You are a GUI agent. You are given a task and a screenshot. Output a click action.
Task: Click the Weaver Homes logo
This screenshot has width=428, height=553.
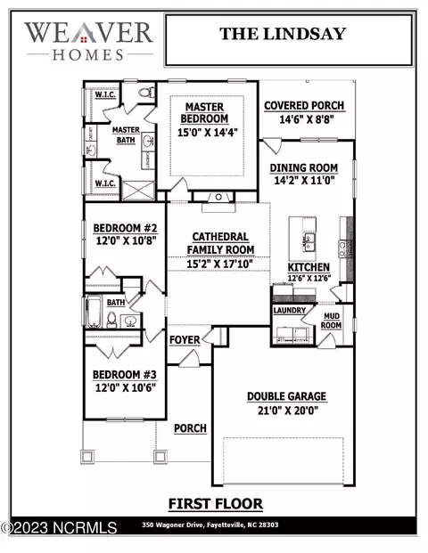pos(89,41)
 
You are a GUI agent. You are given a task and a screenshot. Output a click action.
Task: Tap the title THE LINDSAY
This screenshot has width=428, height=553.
pos(283,34)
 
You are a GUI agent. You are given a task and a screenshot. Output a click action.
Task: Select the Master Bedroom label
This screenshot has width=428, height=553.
pos(204,113)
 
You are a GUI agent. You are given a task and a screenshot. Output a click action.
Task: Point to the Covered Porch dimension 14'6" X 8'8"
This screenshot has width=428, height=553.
pos(307,119)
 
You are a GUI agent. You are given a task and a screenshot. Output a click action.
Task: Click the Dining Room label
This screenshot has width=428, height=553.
pos(304,168)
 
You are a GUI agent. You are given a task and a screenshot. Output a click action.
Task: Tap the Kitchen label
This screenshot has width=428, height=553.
pos(309,267)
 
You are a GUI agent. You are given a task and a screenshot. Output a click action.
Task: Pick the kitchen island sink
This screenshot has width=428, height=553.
pos(309,242)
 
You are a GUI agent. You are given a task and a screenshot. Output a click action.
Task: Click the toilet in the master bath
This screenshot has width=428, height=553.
pos(147,93)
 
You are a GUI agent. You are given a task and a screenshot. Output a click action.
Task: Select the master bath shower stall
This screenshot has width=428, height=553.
pos(138,191)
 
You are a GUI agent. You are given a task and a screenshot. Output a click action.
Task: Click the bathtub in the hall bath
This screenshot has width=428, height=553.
pos(94,313)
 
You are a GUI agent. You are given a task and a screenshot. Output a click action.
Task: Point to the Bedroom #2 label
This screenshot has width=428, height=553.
pos(125,228)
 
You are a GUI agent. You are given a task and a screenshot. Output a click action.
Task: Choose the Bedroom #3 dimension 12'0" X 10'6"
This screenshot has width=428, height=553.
pos(126,387)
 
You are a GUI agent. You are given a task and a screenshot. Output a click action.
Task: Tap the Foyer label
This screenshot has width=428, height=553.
pos(185,339)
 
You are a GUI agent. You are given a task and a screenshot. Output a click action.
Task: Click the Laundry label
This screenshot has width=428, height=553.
pos(290,310)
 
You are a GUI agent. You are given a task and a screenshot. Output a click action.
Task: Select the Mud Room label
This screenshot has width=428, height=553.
pos(331,321)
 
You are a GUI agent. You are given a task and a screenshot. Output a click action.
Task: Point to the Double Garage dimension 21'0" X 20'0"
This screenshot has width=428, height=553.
pos(288,411)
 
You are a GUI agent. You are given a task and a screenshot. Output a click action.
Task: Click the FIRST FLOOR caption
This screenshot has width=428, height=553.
pos(216,504)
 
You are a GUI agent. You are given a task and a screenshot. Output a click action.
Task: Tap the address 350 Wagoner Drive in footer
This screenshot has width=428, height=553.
pos(173,525)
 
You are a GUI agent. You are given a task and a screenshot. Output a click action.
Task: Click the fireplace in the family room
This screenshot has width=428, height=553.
pos(218,198)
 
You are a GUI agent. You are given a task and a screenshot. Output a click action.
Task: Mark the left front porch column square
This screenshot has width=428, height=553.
pos(87,457)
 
